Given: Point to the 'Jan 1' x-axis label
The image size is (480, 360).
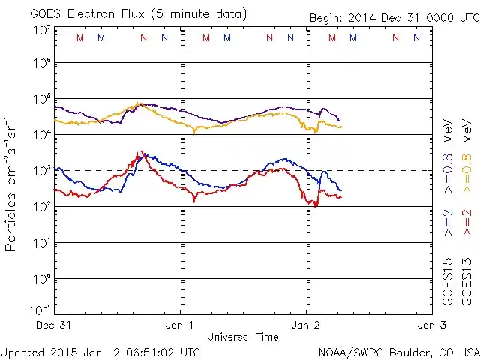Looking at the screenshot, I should pos(181,325).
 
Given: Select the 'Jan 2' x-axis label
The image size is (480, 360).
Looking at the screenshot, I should pos(307,325).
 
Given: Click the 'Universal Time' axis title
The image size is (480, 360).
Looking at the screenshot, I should pos(243,337).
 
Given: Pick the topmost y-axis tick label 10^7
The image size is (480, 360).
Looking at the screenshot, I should pos(40,30).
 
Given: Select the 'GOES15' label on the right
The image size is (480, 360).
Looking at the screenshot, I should pos(447,282).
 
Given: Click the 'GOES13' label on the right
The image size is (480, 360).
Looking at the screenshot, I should pos(466,282).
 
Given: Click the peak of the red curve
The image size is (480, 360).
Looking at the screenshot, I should pos(139,152).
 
